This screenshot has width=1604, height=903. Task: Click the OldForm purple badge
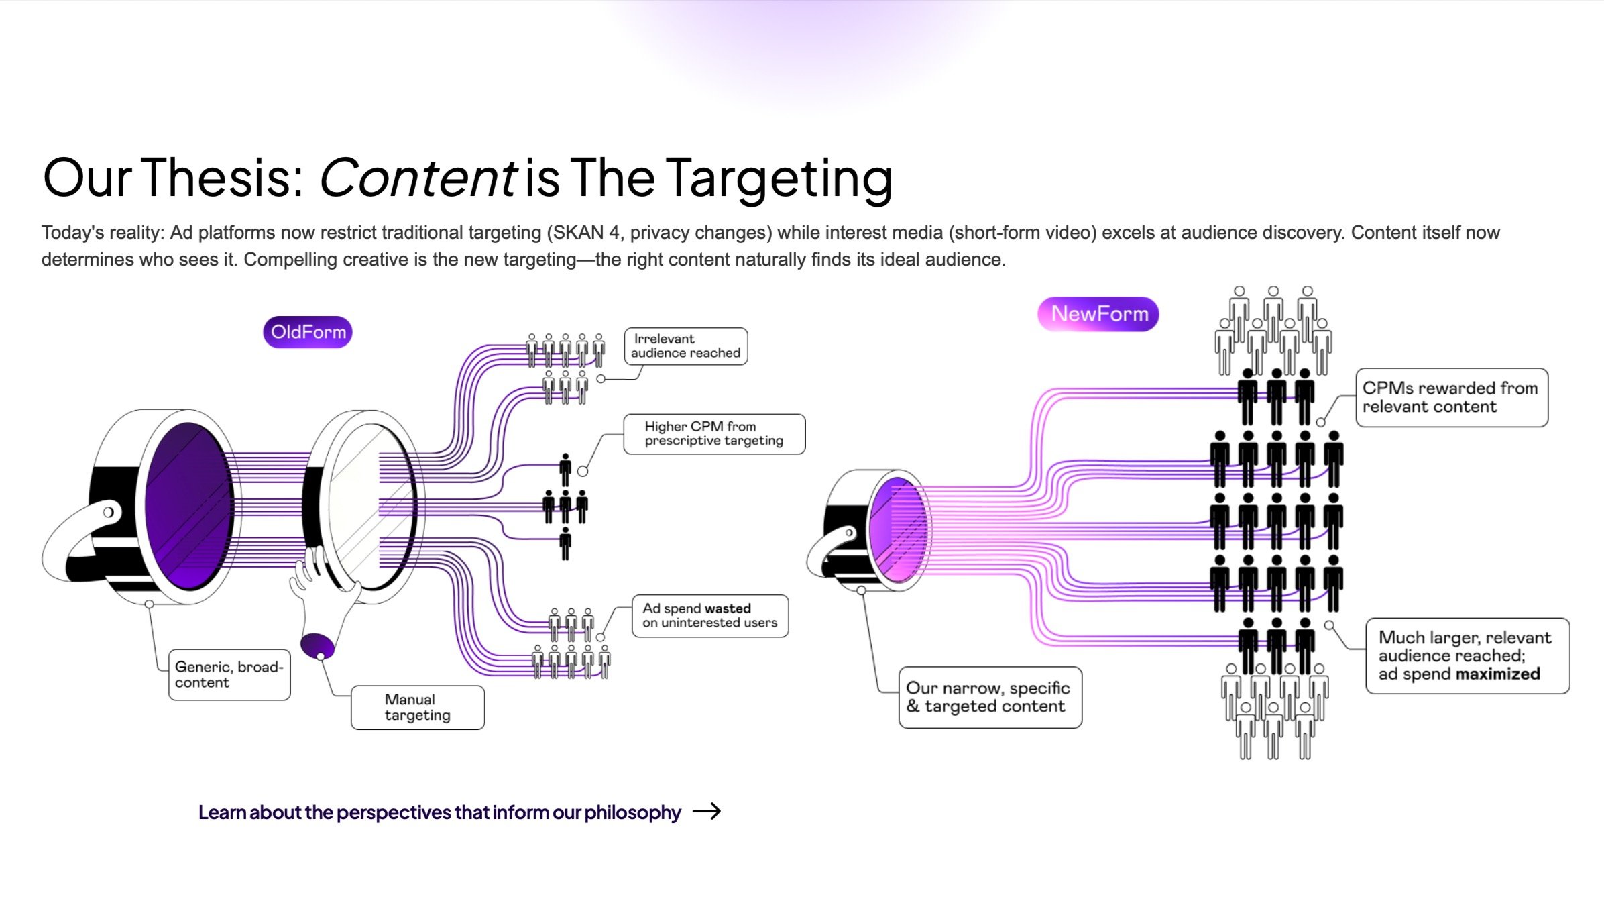[x=308, y=332]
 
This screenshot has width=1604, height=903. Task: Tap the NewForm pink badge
[x=1098, y=314]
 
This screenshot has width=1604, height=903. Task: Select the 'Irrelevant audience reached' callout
[x=685, y=346]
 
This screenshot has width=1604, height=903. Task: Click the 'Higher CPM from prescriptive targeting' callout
[x=713, y=434]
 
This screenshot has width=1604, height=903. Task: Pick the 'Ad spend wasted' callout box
[x=709, y=616]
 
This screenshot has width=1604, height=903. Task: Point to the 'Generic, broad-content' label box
[x=229, y=675]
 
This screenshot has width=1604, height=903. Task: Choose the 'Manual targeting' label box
[x=417, y=708]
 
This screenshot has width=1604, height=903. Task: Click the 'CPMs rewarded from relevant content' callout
[x=1451, y=398]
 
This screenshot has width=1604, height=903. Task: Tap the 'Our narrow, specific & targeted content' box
[x=990, y=698]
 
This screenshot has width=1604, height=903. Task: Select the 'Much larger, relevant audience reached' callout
[x=1467, y=656]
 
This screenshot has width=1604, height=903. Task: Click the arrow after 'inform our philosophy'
[x=707, y=812]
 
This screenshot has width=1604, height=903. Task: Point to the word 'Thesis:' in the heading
[x=224, y=178]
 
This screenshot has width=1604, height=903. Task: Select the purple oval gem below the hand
[x=317, y=645]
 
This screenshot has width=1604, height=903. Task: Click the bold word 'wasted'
[x=728, y=608]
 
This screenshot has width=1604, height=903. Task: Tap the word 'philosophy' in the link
[x=632, y=812]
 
